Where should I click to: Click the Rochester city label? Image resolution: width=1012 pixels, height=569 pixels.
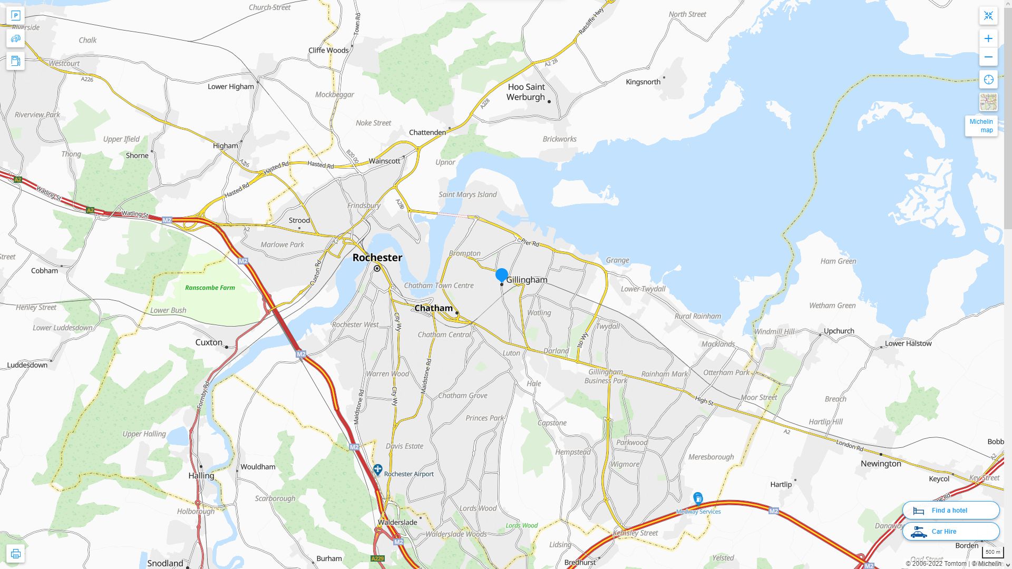[x=377, y=258]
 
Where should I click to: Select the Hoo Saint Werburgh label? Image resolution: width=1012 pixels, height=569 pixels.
[x=526, y=92]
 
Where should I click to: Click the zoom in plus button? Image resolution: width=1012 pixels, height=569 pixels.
[x=988, y=38]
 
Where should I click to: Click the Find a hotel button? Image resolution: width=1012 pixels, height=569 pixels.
[x=950, y=510]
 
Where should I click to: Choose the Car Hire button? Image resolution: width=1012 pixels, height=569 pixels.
[x=950, y=531]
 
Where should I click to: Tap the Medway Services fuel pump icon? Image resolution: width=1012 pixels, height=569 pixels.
[x=698, y=498]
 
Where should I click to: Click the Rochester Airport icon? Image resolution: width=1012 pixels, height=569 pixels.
[x=377, y=469]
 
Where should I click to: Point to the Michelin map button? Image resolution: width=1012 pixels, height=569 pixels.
[x=981, y=125]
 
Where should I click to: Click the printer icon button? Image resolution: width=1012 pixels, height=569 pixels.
[x=15, y=553]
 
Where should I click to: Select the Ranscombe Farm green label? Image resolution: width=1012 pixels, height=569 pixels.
[x=210, y=288]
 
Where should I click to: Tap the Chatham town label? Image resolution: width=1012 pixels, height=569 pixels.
[x=433, y=308]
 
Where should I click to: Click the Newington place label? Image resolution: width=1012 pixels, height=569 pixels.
[x=881, y=464]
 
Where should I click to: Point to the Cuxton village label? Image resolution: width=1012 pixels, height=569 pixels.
[x=209, y=342]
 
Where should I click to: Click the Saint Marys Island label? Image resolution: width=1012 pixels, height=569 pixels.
[x=468, y=194]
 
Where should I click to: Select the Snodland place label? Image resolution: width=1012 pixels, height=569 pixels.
[x=165, y=563]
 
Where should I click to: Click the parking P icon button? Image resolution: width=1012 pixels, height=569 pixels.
[x=15, y=16]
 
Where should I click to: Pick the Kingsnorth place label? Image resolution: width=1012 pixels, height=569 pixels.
[x=643, y=82]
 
